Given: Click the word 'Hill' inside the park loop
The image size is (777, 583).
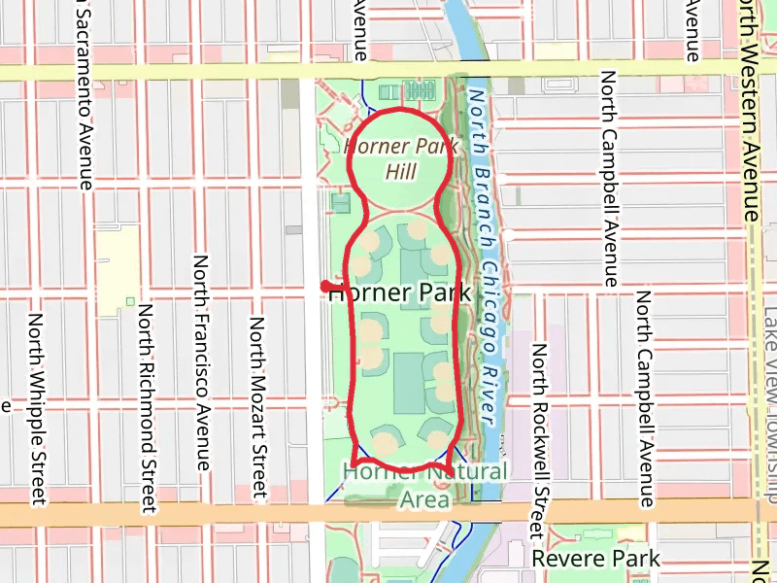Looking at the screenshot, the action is (x=400, y=172).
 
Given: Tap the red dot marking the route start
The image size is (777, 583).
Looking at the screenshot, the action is (x=325, y=286).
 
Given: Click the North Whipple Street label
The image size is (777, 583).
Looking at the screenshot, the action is (x=37, y=409).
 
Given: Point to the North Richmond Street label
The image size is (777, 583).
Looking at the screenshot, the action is (x=147, y=407).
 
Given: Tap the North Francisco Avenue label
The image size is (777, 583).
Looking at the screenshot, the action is (x=202, y=362).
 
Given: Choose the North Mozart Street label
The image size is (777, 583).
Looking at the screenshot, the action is (x=258, y=408).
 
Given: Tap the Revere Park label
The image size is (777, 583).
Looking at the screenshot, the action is (x=595, y=559).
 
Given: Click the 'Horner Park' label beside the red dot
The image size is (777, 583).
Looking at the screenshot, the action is (x=400, y=292).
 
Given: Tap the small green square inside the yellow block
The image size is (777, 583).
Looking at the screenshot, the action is (x=130, y=301).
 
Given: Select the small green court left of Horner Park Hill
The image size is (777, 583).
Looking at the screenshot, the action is (x=341, y=204).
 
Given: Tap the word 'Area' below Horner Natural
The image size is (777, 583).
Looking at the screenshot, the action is (x=425, y=499).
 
